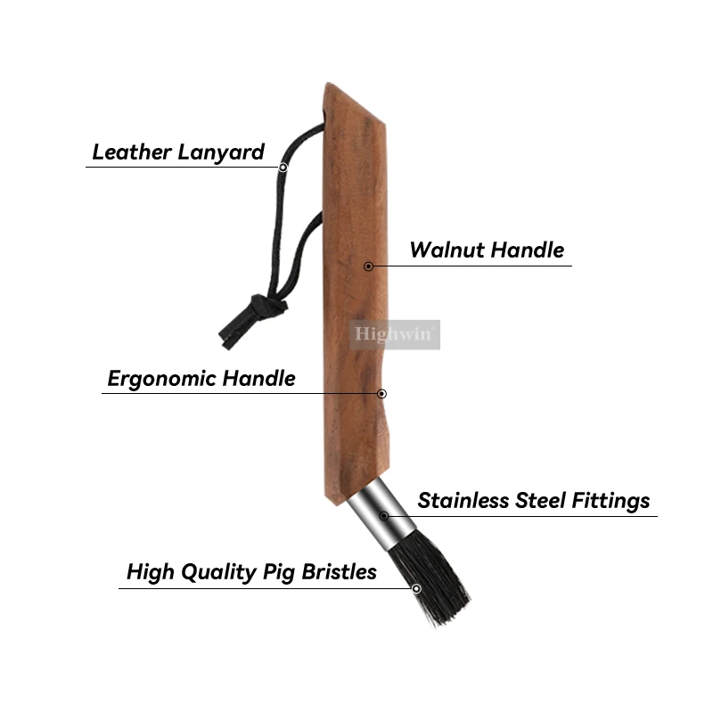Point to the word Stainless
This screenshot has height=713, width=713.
[x=463, y=501]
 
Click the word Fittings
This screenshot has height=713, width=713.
[x=609, y=501]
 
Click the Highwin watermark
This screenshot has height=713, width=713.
[x=395, y=334]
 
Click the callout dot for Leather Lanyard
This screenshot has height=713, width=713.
[x=283, y=167]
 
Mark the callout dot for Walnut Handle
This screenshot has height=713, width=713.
[x=368, y=266]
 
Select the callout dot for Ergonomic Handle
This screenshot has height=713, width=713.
[x=381, y=393]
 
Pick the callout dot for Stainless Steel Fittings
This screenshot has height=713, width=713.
[x=384, y=515]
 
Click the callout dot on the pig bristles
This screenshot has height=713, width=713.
[x=416, y=587]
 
